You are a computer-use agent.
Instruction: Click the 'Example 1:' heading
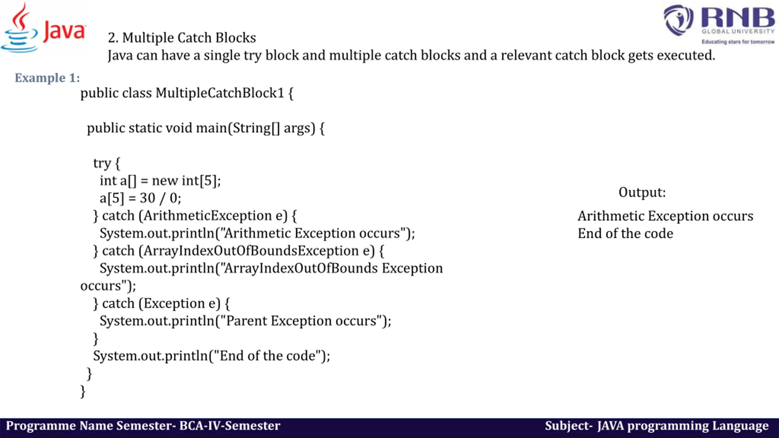(47, 78)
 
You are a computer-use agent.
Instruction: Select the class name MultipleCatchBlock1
(220, 93)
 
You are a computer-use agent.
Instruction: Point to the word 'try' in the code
(102, 163)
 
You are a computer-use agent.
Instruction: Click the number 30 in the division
(148, 198)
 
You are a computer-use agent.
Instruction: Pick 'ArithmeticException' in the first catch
(208, 216)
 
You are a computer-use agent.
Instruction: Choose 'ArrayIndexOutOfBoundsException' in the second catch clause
(251, 251)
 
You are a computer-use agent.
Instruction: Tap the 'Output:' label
(642, 193)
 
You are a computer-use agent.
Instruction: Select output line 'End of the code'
(625, 234)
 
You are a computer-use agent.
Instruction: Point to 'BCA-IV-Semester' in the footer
(230, 426)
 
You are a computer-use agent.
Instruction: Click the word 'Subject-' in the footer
(568, 426)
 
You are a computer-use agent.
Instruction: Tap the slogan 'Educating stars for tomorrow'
(738, 42)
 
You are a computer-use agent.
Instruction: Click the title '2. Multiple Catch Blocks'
(182, 38)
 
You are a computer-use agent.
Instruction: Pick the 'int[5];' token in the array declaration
(201, 181)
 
